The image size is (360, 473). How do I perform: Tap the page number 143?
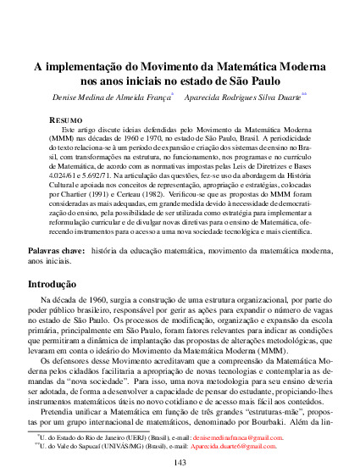coord(180,461)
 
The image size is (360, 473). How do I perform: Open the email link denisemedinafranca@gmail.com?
coord(240,437)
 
